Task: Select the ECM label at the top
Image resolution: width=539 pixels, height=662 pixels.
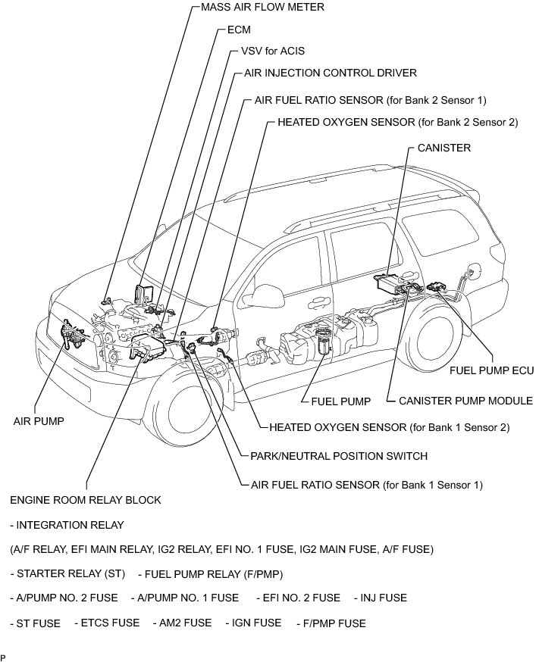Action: click(238, 31)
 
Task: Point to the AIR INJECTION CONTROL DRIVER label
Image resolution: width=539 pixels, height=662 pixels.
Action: click(331, 73)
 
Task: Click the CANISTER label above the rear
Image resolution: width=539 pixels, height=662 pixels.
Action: click(443, 148)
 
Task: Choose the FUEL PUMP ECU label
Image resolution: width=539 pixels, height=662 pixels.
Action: click(492, 370)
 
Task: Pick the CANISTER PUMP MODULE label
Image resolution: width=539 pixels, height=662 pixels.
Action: click(465, 401)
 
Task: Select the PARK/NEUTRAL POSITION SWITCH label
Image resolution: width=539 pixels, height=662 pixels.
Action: click(339, 456)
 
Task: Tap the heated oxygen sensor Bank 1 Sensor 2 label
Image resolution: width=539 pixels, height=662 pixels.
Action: click(389, 427)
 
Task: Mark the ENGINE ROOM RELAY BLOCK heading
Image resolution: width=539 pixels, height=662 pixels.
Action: click(86, 501)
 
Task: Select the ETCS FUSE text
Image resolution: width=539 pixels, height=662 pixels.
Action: click(107, 623)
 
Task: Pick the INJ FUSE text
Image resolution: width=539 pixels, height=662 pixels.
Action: click(380, 598)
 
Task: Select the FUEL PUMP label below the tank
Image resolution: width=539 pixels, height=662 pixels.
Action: click(341, 401)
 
